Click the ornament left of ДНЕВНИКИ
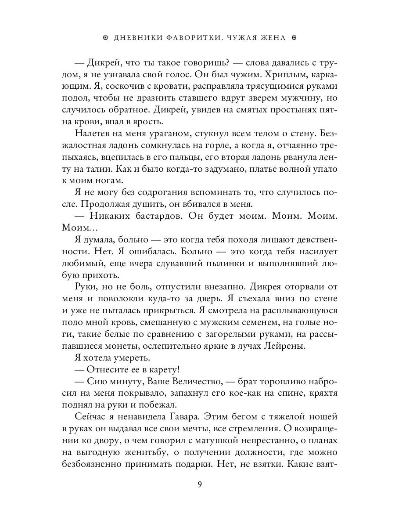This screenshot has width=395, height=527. [104, 38]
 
